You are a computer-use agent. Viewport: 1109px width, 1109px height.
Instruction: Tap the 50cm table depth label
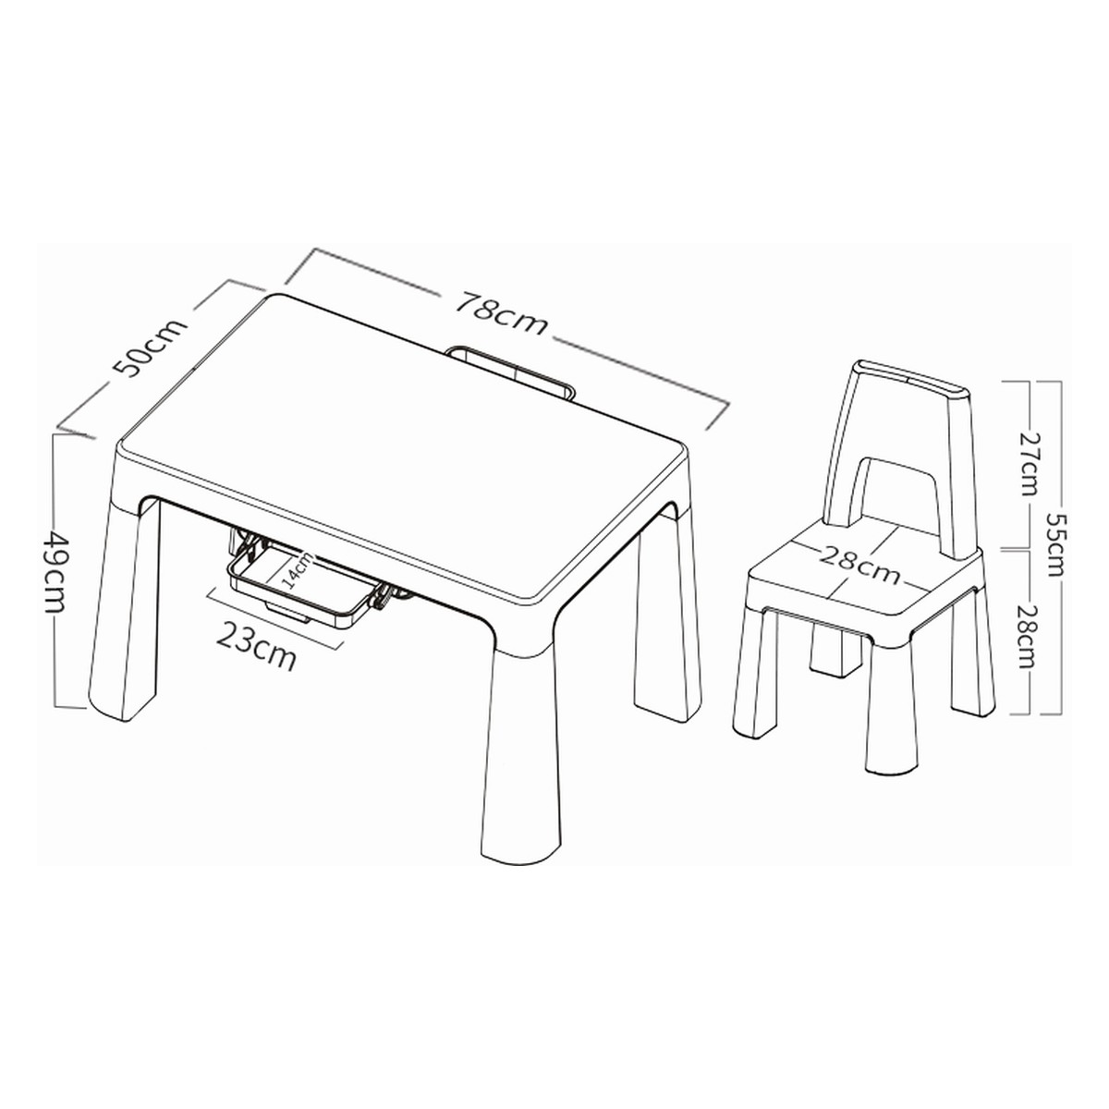[151, 347]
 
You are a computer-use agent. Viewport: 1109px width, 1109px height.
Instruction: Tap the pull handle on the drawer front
[287, 614]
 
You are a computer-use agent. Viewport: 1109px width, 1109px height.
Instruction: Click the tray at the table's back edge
[511, 370]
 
